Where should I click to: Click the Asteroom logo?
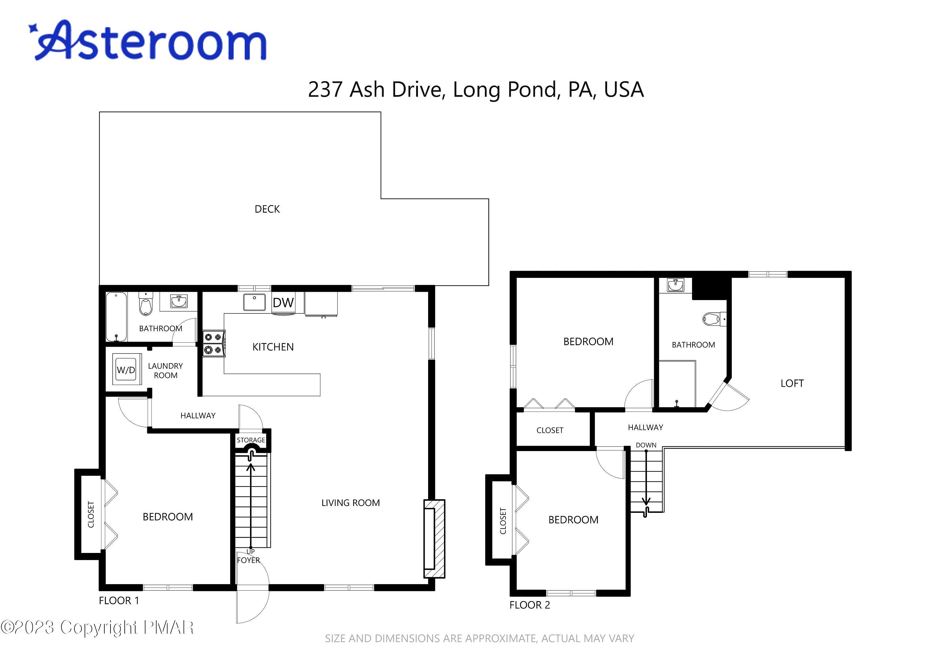point(147,40)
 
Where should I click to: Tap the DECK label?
point(267,209)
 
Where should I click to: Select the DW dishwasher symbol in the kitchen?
point(283,303)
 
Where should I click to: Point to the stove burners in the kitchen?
point(214,343)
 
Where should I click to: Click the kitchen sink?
point(254,302)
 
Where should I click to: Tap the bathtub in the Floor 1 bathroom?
point(116,317)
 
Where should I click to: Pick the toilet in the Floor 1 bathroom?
point(146,304)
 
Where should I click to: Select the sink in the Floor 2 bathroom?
point(676,285)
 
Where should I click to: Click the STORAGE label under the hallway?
point(251,440)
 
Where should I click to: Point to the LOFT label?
point(792,383)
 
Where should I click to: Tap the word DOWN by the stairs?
point(646,445)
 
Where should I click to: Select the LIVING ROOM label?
point(351,503)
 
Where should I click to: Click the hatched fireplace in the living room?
point(434,538)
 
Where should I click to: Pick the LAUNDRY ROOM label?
point(165,370)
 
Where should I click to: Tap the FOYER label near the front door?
point(248,560)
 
